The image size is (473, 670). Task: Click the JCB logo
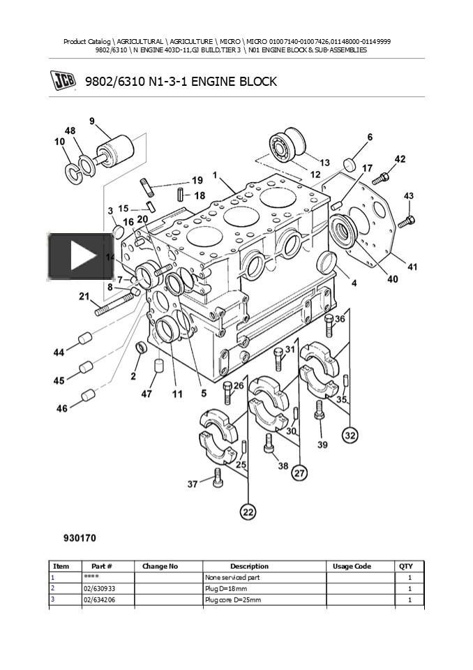64,81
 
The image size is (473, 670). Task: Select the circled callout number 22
248,512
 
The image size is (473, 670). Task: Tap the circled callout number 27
299,473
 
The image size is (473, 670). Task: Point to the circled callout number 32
350,435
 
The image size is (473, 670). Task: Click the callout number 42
400,159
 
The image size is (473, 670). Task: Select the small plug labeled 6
350,163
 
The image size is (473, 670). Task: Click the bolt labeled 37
218,477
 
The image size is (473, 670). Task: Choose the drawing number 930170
80,538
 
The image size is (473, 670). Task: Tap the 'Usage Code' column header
352,566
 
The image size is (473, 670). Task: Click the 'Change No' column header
160,566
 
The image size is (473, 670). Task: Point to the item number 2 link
52,588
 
